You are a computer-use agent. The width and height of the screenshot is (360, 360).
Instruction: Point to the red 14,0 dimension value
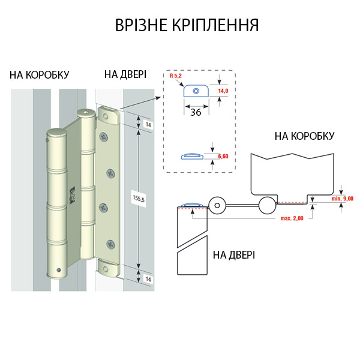pos(223,90)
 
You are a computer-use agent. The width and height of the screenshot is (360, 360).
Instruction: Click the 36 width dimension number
pos(196,112)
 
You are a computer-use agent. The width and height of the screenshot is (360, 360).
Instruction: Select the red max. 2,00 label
pos(292,218)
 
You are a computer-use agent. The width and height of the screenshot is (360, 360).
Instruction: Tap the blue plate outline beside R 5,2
pos(196,91)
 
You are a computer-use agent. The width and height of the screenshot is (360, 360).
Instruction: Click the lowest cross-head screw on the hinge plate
pos(110,244)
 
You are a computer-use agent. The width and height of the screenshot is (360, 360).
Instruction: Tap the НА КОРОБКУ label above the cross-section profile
pos(304,136)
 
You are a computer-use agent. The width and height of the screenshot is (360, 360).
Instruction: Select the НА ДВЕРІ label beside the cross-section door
pos(234,254)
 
